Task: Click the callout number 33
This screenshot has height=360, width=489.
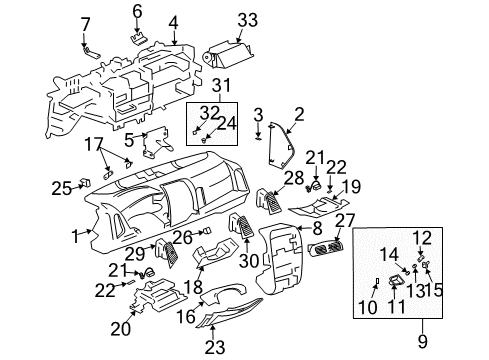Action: pos(247,18)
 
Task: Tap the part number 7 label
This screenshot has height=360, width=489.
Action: pos(84,23)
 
